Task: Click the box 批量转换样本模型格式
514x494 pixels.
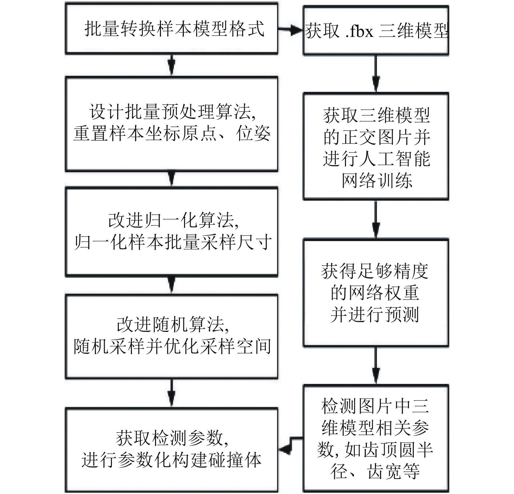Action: point(171,28)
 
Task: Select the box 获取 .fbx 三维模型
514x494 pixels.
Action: point(376,31)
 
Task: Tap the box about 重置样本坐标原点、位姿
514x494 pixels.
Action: point(171,124)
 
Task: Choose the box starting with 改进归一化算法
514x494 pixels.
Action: point(171,232)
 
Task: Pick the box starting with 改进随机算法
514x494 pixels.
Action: point(171,336)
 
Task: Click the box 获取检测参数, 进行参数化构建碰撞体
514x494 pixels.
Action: point(171,449)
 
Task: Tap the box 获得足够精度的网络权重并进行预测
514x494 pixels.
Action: point(376,293)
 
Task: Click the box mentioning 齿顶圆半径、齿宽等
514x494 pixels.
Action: point(376,438)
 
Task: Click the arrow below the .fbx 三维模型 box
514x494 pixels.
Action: point(376,74)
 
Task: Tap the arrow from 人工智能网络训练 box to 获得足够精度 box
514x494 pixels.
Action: point(376,219)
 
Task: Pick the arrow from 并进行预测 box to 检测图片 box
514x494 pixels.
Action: point(376,365)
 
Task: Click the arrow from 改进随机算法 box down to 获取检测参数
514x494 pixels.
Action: point(171,393)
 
